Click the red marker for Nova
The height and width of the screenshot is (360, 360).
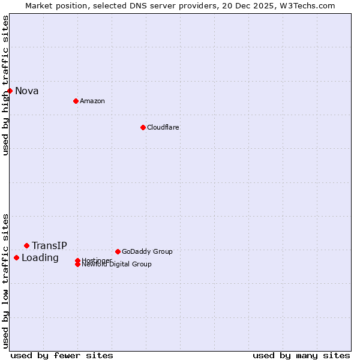(10, 91)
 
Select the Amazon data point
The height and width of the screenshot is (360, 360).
(76, 101)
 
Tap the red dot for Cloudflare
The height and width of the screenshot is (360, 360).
(143, 127)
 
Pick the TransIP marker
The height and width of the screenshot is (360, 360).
(26, 245)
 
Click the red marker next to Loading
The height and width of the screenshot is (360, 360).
(16, 257)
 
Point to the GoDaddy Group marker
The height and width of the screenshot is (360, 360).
(118, 251)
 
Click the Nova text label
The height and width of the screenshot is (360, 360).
(27, 91)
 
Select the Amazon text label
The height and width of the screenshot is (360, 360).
(92, 101)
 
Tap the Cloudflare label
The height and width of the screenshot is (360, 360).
(163, 127)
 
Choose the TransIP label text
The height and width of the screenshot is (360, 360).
(49, 246)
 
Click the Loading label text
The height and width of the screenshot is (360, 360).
(40, 258)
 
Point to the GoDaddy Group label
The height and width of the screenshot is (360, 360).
(147, 251)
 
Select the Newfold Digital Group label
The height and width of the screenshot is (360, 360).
(117, 265)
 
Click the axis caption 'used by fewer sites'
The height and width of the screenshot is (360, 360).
(62, 355)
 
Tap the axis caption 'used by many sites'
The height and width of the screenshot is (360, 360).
(301, 355)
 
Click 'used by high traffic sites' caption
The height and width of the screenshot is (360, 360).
(5, 85)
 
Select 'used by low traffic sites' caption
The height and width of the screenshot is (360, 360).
(5, 281)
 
